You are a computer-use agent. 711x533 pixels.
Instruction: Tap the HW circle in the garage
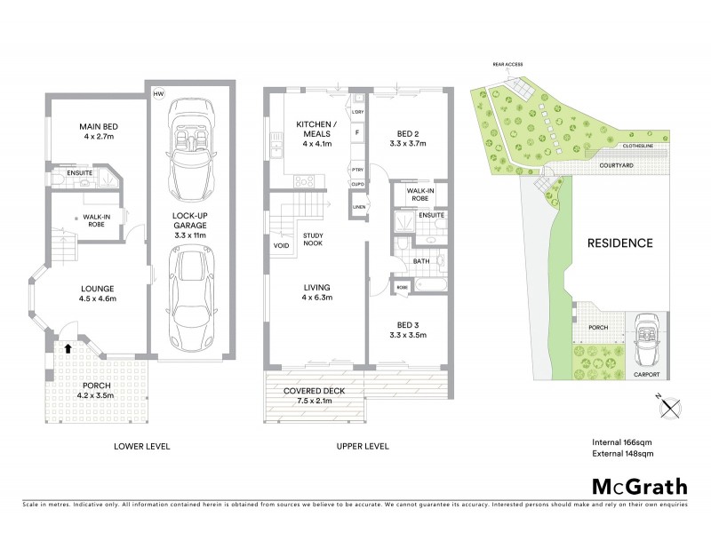[x=159, y=93]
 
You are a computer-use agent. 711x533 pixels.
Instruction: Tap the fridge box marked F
[x=357, y=131]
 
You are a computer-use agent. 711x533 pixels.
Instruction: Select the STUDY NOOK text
[x=314, y=241]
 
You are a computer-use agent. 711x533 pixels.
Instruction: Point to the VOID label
[x=281, y=245]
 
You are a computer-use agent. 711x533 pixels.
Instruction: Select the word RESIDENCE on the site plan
[x=619, y=243]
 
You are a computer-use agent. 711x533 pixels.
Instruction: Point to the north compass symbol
[x=672, y=407]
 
